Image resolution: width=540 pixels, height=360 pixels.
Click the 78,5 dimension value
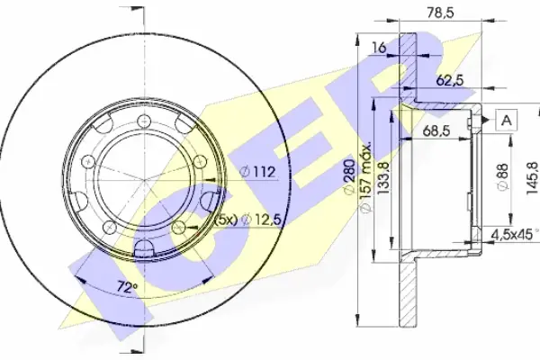[x=440, y=13]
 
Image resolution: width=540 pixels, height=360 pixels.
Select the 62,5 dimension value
[x=450, y=81]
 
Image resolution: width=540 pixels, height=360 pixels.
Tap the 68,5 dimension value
[x=436, y=130]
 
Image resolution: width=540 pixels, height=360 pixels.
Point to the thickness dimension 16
[x=379, y=48]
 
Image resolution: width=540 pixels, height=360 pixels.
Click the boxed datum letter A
[x=506, y=121]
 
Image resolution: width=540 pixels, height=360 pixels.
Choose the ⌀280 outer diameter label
[x=349, y=177]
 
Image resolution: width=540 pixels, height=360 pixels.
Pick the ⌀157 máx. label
[x=364, y=176]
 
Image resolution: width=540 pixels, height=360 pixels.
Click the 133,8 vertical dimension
[x=383, y=178]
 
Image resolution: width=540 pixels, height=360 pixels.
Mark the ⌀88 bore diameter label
[x=503, y=176]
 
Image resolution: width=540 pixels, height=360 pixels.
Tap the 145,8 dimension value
[x=533, y=178]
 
